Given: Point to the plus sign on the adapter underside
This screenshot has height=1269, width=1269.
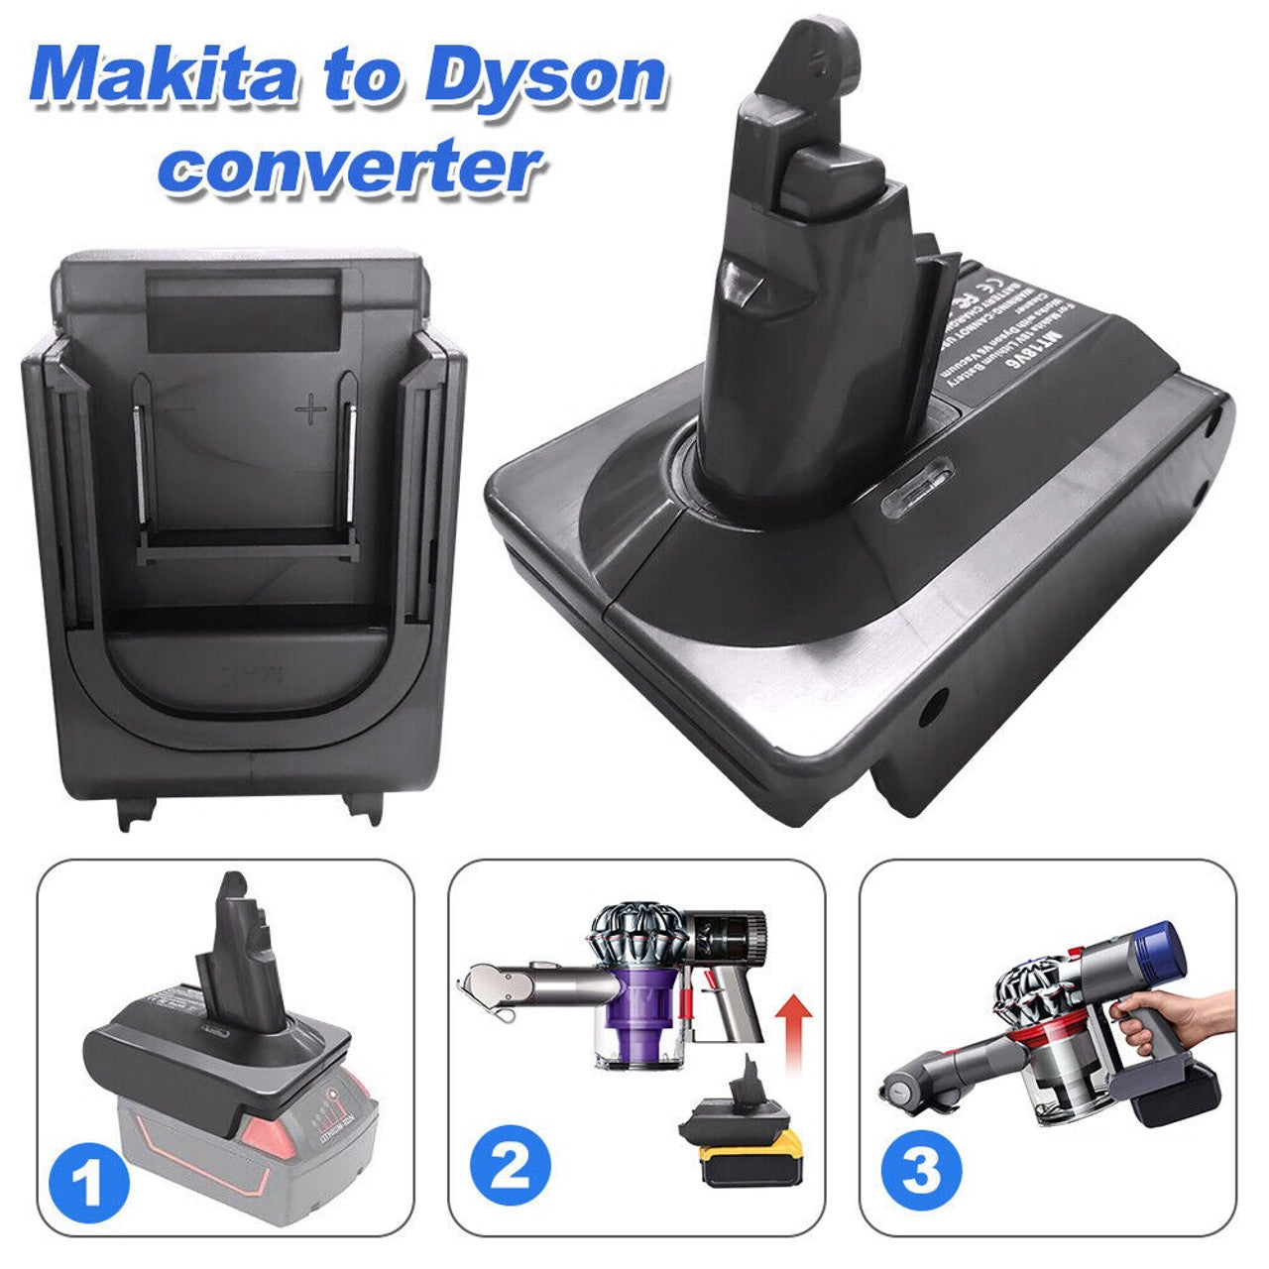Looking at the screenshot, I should (x=310, y=407).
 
